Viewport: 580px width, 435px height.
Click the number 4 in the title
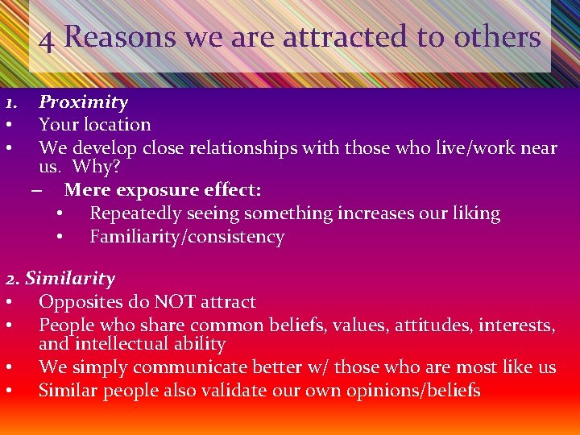[48, 39]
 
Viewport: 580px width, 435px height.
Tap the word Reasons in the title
[120, 36]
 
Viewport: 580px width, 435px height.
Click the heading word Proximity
[83, 102]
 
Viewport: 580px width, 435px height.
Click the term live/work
[446, 148]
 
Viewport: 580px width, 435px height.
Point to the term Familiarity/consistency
[187, 238]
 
